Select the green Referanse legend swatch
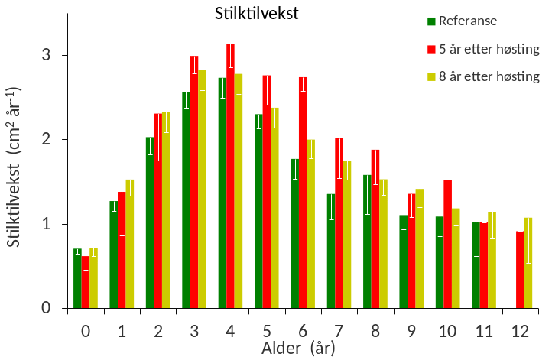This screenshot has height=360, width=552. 432,21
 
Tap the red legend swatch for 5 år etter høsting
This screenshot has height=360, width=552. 432,50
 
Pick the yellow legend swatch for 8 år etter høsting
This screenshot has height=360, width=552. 432,77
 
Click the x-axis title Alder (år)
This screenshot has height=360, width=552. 297,348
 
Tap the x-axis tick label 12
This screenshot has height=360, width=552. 521,331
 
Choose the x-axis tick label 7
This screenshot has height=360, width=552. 339,331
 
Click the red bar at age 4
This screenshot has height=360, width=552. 231,176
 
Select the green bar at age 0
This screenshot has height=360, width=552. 77,279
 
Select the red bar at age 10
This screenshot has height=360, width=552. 447,245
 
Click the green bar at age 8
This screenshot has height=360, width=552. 367,242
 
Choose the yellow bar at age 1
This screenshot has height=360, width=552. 130,244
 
